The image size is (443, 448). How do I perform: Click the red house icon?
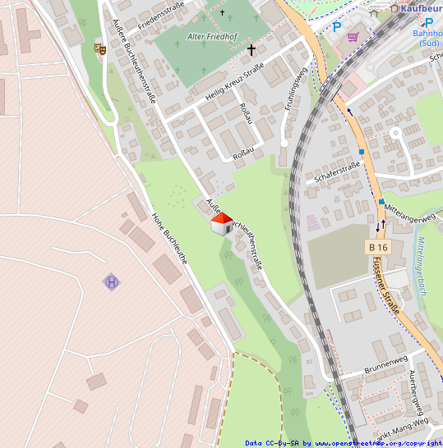pos(221,223)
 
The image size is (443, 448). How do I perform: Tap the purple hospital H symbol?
pos(111,282)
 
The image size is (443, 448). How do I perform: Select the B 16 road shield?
pos(378,247)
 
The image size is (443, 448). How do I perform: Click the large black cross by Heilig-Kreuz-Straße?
pos(251,50)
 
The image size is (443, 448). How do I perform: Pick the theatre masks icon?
pos(100,49)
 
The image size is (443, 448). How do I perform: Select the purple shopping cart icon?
pos(353,37)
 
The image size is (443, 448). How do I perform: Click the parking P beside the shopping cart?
pos(337,27)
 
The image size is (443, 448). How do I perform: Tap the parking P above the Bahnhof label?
pos(428,22)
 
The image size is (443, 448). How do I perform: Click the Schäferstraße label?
pos(338,172)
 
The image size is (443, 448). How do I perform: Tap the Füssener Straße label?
pos(386,285)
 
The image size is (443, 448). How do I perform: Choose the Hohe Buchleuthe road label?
pos(169,238)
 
